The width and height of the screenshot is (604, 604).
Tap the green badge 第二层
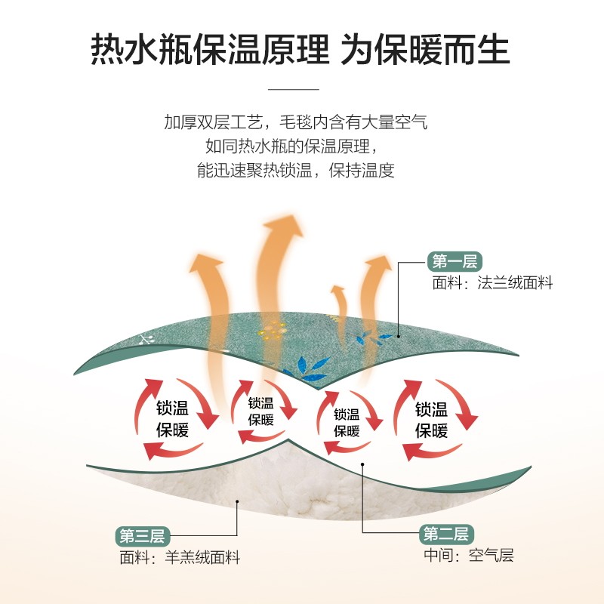[446, 535]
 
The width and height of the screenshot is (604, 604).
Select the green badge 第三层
[142, 536]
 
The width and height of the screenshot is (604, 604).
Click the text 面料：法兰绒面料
[492, 284]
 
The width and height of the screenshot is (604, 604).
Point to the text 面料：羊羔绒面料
[180, 559]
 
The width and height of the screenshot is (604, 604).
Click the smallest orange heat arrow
[337, 302]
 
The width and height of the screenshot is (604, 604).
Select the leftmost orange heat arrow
[207, 294]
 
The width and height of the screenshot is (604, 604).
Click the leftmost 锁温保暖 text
[173, 420]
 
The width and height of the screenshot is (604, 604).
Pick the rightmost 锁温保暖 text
[431, 420]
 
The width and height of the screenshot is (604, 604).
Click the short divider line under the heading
[294, 89]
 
